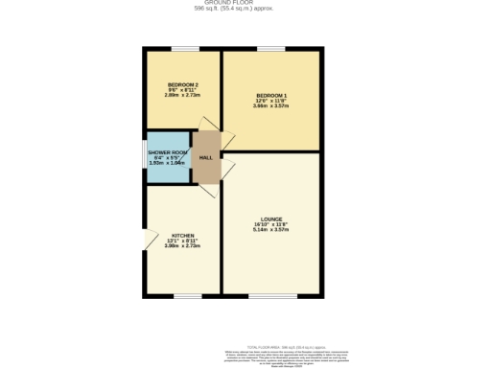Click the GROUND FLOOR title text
(x=234, y=3)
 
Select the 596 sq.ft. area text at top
(x=234, y=9)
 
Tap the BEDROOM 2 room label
(x=182, y=84)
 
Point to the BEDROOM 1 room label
(x=271, y=95)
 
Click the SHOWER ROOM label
(x=167, y=152)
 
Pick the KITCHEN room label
(x=182, y=235)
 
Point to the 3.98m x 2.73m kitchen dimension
(x=182, y=246)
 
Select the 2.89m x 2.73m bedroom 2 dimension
(x=182, y=96)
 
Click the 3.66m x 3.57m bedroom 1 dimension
(x=271, y=106)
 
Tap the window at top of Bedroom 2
(x=185, y=48)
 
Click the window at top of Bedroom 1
(x=270, y=48)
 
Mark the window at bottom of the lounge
(x=272, y=296)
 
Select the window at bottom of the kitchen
(x=187, y=296)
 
